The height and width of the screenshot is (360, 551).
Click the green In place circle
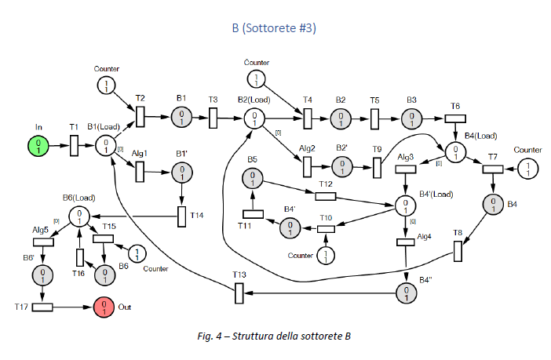(38, 145)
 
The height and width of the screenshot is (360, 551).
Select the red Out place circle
(104, 307)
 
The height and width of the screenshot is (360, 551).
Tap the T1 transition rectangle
(74, 145)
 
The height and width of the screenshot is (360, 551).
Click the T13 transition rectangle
(239, 293)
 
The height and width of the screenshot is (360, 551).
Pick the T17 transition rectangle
(42, 307)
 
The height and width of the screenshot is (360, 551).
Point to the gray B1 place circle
(181, 118)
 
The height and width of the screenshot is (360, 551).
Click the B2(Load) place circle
(254, 118)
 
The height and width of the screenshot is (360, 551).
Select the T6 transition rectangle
(456, 118)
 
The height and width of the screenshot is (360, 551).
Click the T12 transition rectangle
(325, 196)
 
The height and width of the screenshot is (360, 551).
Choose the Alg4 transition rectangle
(405, 242)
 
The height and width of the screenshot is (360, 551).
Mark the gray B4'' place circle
(405, 293)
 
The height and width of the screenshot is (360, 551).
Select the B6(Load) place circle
(79, 216)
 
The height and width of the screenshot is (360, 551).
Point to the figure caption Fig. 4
(273, 336)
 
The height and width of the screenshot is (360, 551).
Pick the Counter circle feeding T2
(106, 85)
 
